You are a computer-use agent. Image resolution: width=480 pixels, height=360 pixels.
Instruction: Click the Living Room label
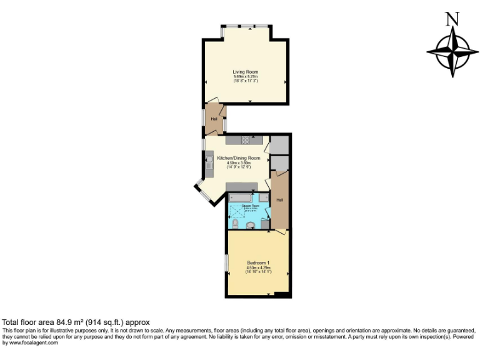point(245,72)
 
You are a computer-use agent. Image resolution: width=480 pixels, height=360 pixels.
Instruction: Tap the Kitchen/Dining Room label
point(238,158)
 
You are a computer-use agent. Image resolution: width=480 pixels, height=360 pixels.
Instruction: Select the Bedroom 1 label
point(257,262)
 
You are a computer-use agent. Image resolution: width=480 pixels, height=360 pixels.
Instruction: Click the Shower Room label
point(242,204)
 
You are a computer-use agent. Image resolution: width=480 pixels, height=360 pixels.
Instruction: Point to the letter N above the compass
point(452,19)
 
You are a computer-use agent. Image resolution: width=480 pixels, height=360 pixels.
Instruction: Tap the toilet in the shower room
point(233,223)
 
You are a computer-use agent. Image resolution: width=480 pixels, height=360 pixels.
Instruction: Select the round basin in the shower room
point(251,225)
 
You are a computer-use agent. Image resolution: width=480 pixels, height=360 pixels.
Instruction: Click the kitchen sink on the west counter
point(209,159)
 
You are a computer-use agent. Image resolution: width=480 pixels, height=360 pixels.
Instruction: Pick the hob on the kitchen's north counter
point(246,139)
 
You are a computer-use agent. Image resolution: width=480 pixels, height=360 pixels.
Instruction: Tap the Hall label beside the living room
point(214,119)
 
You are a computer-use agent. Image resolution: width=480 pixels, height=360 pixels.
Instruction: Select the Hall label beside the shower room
point(279,200)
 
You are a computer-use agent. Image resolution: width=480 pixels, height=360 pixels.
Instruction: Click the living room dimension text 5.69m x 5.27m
point(245,76)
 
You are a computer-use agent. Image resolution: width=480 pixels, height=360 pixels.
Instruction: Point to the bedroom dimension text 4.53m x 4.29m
point(257,267)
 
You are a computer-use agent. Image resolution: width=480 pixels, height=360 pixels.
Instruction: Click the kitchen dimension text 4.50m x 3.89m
point(238,163)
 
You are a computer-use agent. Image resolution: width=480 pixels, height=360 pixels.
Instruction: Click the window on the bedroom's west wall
point(226,262)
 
